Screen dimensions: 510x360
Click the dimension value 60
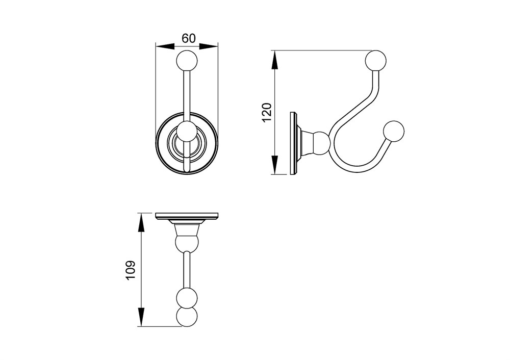point(188,38)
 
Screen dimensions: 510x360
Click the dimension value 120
point(267,112)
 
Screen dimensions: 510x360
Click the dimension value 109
point(130,270)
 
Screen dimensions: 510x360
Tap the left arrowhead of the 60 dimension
point(166,46)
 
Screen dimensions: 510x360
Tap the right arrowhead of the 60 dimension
point(208,46)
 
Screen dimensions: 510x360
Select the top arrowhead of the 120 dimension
point(275,60)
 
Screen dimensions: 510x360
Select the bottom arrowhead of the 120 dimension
point(275,165)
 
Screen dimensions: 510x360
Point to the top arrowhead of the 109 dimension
point(141,223)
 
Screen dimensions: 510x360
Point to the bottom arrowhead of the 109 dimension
point(141,317)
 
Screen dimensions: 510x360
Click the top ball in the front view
point(187,60)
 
